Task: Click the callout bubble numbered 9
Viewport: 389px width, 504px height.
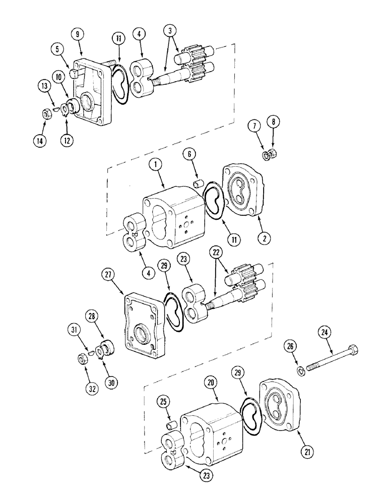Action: [x=77, y=34]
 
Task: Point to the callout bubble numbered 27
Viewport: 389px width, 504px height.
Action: [x=107, y=275]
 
